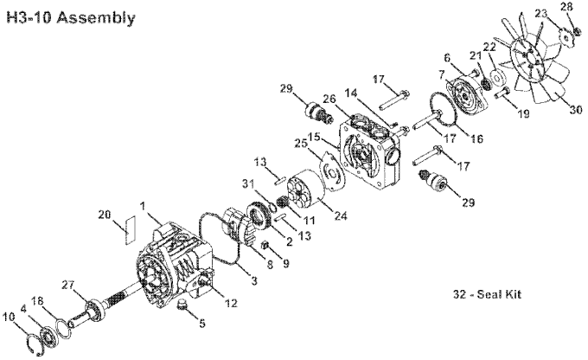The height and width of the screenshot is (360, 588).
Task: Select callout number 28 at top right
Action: (566, 8)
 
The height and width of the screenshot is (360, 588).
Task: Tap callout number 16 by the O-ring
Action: (476, 138)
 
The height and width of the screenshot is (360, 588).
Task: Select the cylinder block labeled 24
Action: (302, 191)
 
